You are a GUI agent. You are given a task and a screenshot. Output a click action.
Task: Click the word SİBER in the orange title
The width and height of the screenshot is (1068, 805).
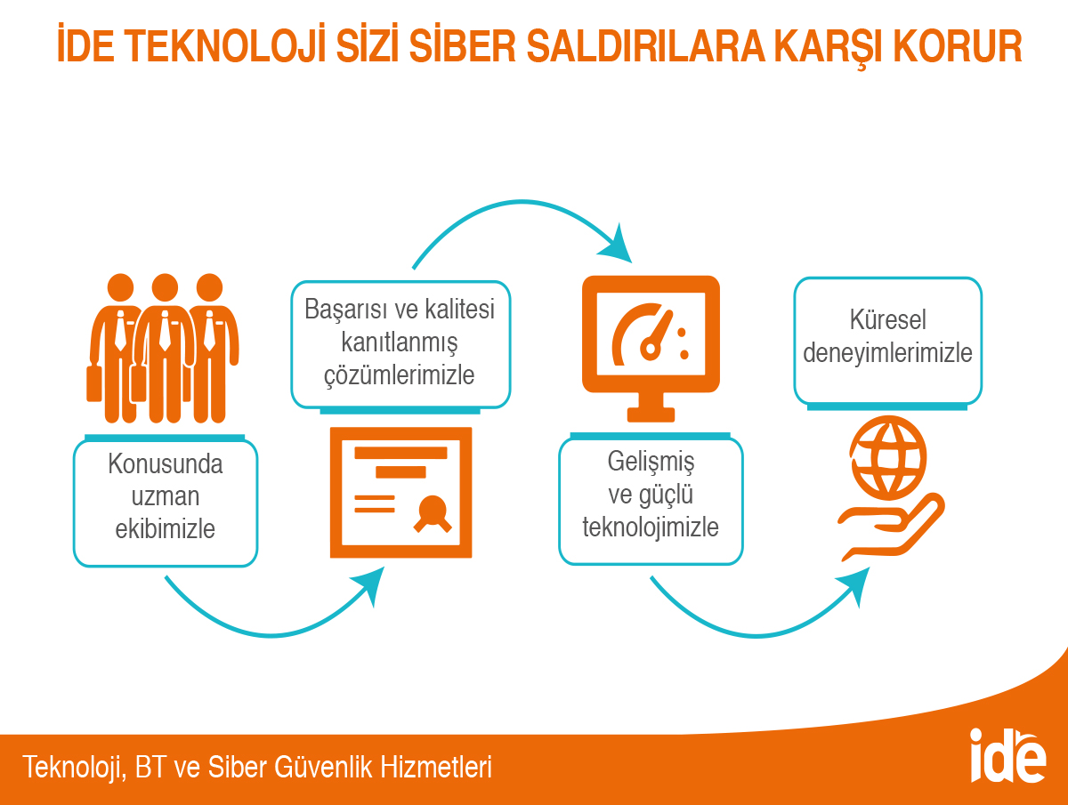[462, 46]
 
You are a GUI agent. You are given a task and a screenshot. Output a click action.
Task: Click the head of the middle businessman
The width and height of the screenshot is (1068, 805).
[165, 286]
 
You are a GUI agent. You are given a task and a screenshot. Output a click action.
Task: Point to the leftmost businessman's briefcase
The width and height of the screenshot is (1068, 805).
[94, 384]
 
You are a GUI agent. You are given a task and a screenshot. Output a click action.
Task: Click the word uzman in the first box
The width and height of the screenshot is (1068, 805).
[166, 497]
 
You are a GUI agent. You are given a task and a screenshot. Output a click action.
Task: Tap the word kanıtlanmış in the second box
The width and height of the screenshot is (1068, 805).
[400, 342]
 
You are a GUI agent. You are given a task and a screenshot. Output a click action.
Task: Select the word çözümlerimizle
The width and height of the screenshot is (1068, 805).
[400, 375]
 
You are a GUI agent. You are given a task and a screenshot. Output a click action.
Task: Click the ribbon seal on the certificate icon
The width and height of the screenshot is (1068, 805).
[433, 514]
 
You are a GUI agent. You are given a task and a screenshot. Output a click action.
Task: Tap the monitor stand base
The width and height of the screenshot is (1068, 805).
[651, 415]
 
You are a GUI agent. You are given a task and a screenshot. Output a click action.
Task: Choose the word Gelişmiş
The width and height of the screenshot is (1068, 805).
[651, 462]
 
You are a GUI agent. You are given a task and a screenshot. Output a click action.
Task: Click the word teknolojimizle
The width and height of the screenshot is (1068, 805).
[651, 527]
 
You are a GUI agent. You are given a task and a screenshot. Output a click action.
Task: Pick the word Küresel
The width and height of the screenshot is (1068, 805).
[888, 320]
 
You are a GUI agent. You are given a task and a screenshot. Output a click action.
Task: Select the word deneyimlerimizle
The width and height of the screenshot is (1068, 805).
[888, 353]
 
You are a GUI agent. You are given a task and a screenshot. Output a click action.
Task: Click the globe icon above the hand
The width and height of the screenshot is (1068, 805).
[888, 457]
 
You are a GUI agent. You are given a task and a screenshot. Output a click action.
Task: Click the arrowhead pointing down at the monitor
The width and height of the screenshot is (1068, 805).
[617, 246]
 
